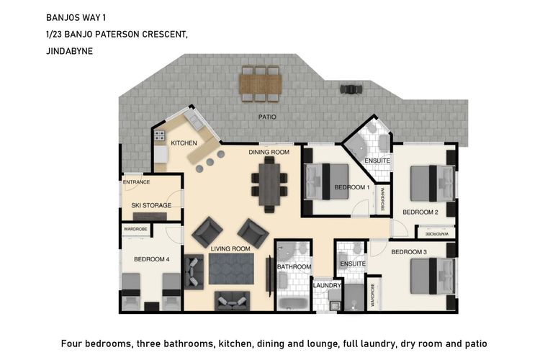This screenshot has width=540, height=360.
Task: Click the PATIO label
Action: click(x=268, y=117)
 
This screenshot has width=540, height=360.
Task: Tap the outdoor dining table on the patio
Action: click(x=261, y=84)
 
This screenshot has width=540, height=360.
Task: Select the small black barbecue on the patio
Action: click(x=351, y=89)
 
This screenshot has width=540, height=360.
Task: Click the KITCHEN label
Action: click(x=184, y=143)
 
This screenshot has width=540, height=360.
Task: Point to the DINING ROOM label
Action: click(x=269, y=153)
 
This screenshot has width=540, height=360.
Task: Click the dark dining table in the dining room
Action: click(x=271, y=184)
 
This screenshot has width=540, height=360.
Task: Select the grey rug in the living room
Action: click(x=231, y=269)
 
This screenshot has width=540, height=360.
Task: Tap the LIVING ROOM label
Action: click(x=230, y=249)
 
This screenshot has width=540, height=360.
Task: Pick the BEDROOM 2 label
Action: click(x=420, y=212)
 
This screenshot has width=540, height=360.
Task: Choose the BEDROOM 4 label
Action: click(x=152, y=259)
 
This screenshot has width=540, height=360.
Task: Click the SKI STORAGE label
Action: click(x=151, y=205)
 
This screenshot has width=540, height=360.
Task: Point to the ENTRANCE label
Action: click(x=137, y=183)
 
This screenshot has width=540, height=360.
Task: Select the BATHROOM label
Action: click(x=294, y=267)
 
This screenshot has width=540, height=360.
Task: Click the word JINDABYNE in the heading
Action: click(x=70, y=50)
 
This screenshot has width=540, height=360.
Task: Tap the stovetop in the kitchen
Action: click(x=159, y=135)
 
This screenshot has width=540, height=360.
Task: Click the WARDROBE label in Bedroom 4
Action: click(x=135, y=230)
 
